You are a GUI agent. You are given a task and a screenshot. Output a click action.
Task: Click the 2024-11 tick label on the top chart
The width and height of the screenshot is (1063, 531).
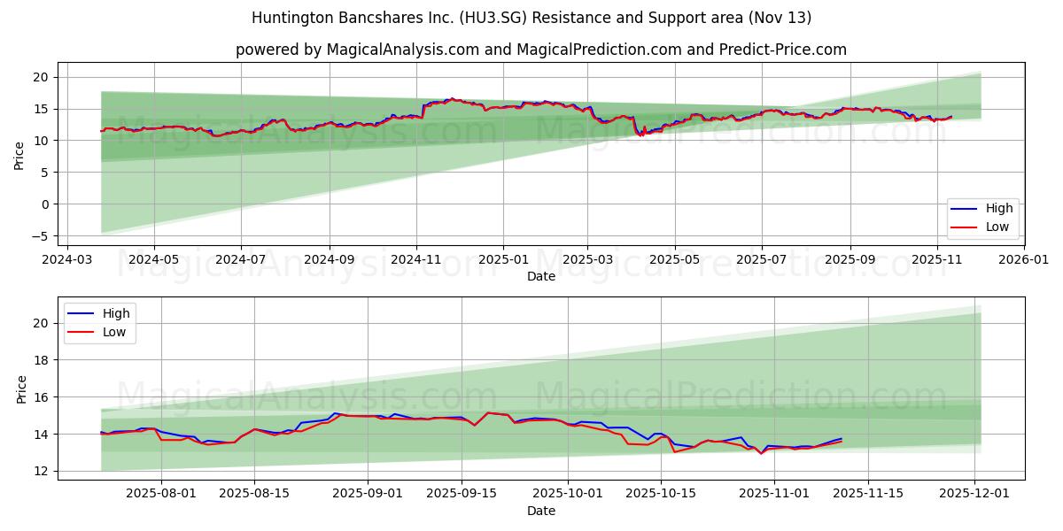pos(416,261)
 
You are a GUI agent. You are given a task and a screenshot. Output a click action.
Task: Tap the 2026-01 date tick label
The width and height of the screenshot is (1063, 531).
pos(1024,261)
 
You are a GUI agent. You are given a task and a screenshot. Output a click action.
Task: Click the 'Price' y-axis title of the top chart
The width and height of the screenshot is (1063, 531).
pos(19,156)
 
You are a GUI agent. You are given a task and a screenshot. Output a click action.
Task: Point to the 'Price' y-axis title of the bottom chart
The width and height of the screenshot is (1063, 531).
pos(21,389)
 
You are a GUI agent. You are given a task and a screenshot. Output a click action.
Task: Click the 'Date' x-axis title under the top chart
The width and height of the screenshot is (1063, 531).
pos(541,276)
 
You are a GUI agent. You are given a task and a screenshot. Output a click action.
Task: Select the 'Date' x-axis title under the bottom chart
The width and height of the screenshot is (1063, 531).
pos(541,511)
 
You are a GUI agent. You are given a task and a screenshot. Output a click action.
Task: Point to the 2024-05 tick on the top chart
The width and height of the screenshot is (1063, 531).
pos(154,261)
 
